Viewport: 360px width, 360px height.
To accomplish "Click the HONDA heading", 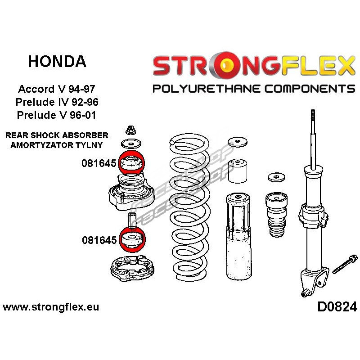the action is pos(57,62).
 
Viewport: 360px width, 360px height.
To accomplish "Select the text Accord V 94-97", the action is pos(57,89).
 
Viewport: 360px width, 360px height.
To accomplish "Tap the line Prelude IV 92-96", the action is pos(57,102).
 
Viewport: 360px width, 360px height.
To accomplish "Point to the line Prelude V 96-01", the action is pos(57,115).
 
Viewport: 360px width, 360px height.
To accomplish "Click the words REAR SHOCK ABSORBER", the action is pos(57,135).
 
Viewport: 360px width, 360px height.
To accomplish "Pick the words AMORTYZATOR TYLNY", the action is pos(57,145).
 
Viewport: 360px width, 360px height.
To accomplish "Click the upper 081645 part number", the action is pos(99,163).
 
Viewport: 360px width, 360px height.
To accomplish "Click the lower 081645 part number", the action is pos(99,240).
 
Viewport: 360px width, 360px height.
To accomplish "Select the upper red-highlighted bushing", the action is pos(131,163).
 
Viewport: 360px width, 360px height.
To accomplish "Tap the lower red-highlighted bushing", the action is pos(132,240).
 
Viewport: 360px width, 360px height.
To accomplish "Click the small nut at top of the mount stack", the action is pos(130,130).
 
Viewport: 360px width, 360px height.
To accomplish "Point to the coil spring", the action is pos(189,207).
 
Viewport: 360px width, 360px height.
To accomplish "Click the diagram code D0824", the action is pos(337,307).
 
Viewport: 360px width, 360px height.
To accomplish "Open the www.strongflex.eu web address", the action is pos(51,307).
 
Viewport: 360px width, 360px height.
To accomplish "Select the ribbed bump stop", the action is pos(276,215).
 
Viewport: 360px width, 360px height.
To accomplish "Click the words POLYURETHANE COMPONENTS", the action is pos(254,89).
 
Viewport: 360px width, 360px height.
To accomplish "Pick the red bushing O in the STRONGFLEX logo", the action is pos(226,64).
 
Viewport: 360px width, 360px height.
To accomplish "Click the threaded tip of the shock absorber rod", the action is pos(313,115).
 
